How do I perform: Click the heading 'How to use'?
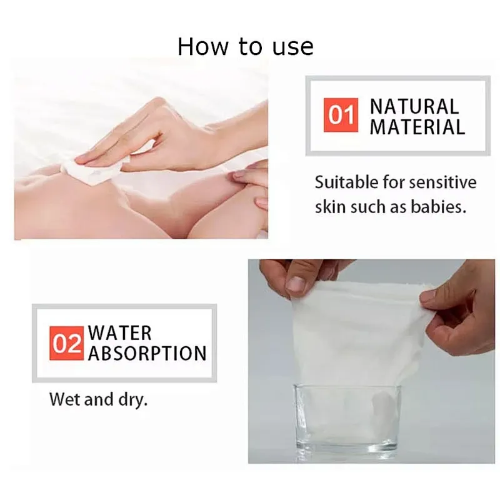246,47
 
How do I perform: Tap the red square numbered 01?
341,115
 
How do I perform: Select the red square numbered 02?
67,343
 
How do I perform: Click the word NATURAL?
414,106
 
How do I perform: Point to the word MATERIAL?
417,127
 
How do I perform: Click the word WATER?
120,333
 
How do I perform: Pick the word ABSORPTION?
147,353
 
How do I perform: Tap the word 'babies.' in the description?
439,207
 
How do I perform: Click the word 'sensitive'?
443,182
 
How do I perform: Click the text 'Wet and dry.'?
99,399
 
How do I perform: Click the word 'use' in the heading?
292,48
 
